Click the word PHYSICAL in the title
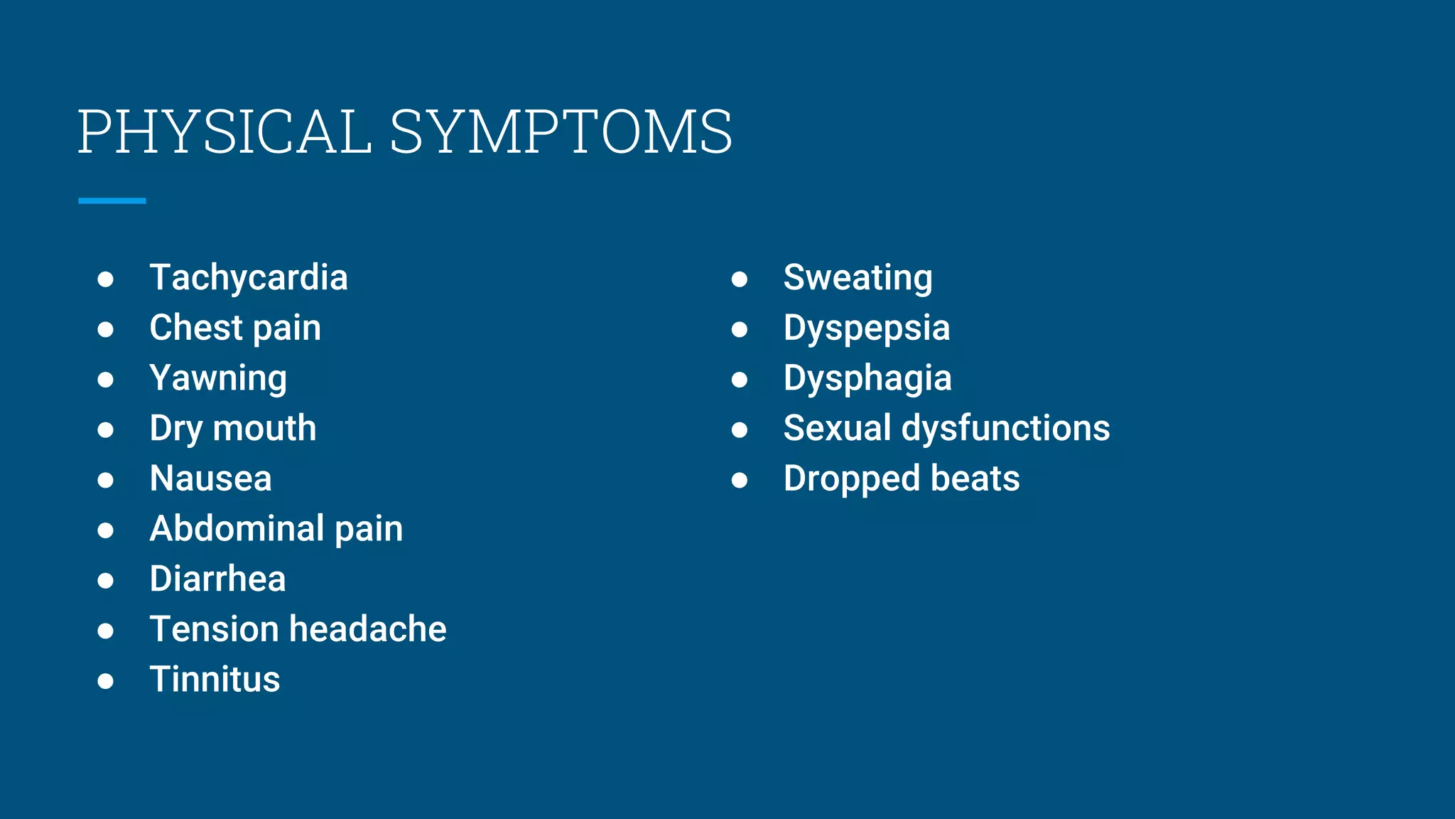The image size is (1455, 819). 225,132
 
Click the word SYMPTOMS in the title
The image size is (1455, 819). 561,132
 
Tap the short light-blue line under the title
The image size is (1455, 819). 112,201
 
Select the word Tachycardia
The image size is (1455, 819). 249,277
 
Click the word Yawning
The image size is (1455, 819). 218,378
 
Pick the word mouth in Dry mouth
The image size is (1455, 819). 264,428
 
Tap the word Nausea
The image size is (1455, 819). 211,478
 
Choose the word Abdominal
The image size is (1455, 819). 237,529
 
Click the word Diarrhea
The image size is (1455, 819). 217,579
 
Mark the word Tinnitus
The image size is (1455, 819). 215,680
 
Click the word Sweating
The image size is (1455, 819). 858,277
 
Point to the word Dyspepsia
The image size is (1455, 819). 867,328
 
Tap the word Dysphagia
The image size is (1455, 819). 867,378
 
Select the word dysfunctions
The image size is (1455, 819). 1005,428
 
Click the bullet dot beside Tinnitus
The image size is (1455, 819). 106,681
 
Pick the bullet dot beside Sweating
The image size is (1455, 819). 740,279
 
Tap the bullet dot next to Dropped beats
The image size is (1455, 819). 740,480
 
